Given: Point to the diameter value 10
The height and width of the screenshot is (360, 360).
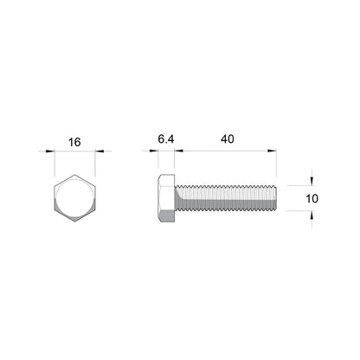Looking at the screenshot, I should click(313, 198).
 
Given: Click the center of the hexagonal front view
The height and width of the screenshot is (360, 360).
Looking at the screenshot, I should click(76, 199).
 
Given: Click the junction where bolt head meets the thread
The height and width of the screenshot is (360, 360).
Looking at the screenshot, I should click(175, 198).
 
